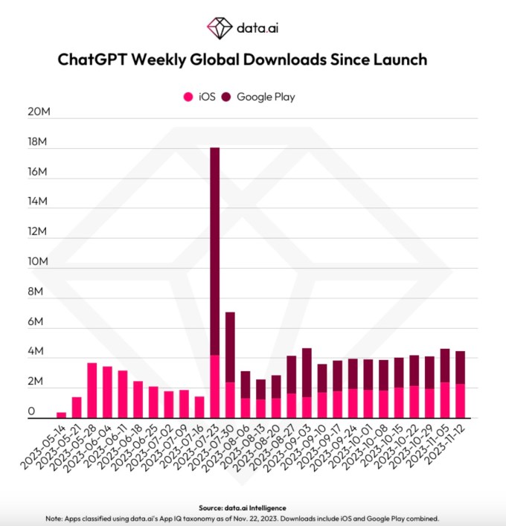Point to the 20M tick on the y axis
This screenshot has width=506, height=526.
[x=39, y=112]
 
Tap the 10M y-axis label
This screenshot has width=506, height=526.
[x=39, y=262]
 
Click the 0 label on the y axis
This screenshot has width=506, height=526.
[x=32, y=412]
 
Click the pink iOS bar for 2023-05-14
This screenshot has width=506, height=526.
[x=62, y=414]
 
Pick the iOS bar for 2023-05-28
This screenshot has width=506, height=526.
[x=92, y=390]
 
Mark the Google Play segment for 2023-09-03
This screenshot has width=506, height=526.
[x=306, y=372]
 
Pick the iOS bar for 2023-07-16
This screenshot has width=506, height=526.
[x=199, y=407]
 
